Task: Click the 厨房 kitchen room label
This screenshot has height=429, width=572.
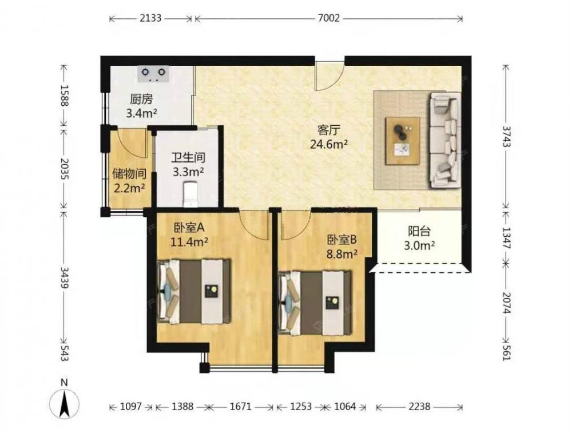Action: (x=141, y=99)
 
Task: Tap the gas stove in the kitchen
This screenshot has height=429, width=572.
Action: (x=153, y=74)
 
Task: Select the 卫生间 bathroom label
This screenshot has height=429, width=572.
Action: (x=188, y=158)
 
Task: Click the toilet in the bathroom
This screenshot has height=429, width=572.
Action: (x=190, y=195)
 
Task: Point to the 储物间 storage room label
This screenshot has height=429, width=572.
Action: (x=129, y=174)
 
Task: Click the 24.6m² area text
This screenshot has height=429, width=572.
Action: (x=329, y=145)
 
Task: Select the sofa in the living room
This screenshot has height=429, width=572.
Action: (x=444, y=140)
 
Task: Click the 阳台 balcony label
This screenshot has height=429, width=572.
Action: (x=419, y=231)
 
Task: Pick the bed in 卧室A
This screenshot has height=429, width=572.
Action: (x=194, y=291)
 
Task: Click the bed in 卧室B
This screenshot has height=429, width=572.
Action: (x=315, y=303)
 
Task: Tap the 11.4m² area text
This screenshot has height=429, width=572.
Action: (x=189, y=241)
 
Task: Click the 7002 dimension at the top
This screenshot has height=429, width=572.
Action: (x=329, y=18)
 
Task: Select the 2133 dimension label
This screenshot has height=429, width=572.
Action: (x=150, y=18)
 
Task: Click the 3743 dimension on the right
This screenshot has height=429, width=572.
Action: (x=506, y=136)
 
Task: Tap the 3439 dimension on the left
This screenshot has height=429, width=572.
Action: (x=64, y=277)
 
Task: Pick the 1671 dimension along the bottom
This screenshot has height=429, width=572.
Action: (x=240, y=406)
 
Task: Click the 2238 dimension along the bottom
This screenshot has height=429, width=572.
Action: (x=419, y=406)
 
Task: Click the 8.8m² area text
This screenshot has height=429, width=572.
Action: (x=342, y=254)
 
